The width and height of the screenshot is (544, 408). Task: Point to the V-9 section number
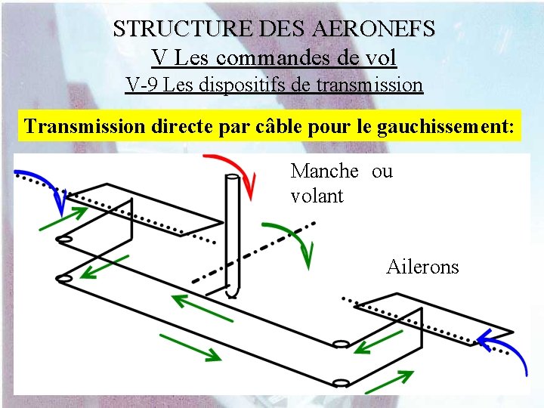tap(142, 85)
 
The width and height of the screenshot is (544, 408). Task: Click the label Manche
tap(324, 172)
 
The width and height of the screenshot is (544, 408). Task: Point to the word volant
tap(317, 196)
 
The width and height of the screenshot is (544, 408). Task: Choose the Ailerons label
tap(422, 267)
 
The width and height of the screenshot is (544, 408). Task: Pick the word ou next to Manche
tap(382, 172)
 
